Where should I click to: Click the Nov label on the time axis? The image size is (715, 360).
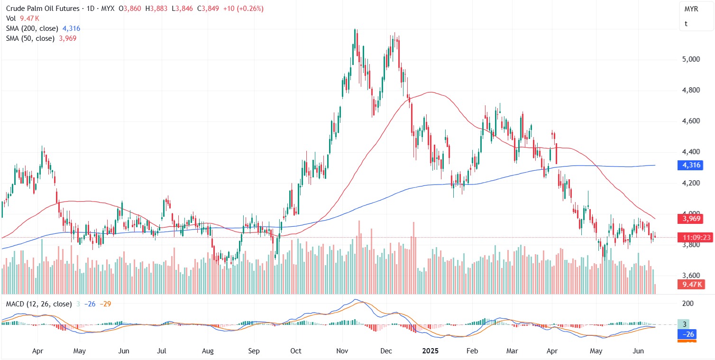(342, 351)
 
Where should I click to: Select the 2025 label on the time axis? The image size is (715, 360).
(430, 351)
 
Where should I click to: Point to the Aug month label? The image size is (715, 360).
(208, 351)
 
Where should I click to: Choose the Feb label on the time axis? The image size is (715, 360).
(472, 351)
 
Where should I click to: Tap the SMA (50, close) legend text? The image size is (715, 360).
(31, 38)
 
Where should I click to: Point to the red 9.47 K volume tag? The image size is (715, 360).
(689, 285)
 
